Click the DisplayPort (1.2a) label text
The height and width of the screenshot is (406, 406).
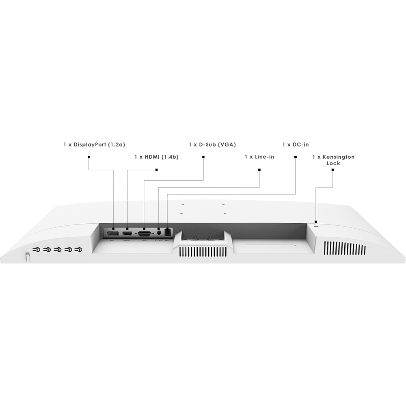click(x=94, y=145)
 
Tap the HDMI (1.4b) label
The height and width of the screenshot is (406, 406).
click(x=156, y=157)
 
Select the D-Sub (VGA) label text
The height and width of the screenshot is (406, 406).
click(x=212, y=145)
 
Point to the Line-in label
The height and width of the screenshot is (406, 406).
click(x=259, y=157)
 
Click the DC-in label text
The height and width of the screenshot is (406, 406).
click(x=296, y=145)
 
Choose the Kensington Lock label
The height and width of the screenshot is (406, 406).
click(x=333, y=160)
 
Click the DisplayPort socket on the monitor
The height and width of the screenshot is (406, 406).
click(x=113, y=234)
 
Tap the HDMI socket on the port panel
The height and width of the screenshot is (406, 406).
click(x=127, y=233)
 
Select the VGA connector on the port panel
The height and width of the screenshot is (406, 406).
click(x=144, y=234)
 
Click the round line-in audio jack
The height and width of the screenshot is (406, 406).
click(x=159, y=233)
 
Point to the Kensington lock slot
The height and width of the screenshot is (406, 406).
click(x=316, y=226)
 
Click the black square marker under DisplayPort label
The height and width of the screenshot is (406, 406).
click(x=89, y=157)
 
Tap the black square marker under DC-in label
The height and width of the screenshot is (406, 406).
click(x=296, y=157)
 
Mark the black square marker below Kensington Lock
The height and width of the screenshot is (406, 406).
click(x=333, y=170)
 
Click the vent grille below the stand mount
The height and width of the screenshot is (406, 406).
click(x=203, y=252)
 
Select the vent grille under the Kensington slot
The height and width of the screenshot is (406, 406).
click(x=345, y=248)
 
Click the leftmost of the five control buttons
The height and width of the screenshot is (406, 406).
click(x=37, y=250)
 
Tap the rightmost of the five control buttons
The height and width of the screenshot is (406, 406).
click(x=78, y=250)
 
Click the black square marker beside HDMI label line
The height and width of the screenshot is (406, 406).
click(x=156, y=170)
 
